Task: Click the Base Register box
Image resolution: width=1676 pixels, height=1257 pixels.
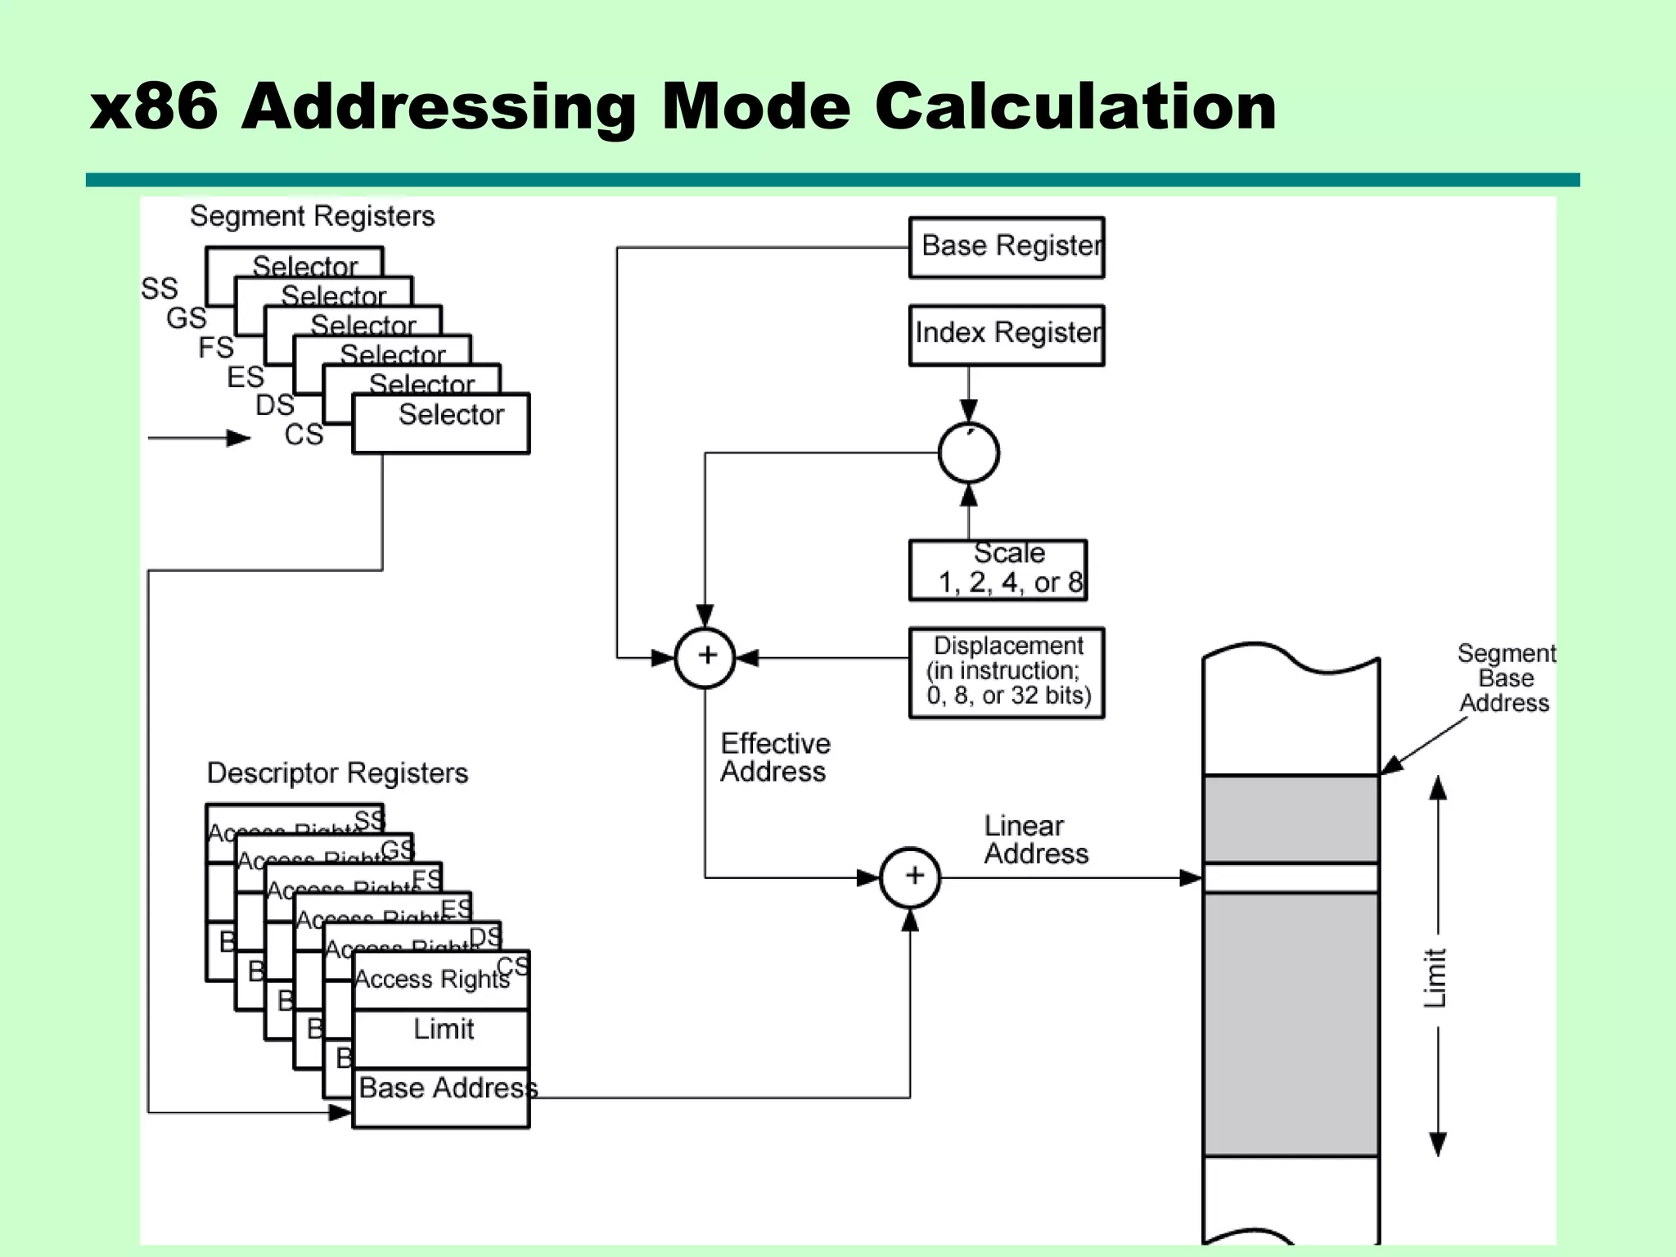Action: point(1007,247)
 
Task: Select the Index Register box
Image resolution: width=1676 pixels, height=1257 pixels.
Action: point(1007,335)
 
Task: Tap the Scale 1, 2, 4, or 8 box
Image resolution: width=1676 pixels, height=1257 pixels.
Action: point(998,570)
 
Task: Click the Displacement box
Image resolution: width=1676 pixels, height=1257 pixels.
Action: point(1007,673)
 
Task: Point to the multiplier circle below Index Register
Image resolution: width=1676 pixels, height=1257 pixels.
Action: point(968,453)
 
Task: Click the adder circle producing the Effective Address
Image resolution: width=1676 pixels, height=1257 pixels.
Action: point(705,657)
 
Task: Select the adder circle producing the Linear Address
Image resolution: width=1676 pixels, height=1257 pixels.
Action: point(910,877)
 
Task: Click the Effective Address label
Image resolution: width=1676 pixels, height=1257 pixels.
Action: point(774,757)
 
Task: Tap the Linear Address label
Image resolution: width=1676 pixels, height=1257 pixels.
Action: point(1035,840)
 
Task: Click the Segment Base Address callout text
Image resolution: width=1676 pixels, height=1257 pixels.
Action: point(1506,678)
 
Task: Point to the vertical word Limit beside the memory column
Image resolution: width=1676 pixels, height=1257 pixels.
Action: point(1435,977)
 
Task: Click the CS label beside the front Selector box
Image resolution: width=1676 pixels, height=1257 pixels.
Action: point(304,434)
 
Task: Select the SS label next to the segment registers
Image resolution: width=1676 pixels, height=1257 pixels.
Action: point(159,288)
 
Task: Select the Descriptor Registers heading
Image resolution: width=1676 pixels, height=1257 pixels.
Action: point(337,773)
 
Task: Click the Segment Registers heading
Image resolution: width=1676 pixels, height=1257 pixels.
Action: point(312,216)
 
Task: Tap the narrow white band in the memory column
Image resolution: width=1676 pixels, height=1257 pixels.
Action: point(1291,878)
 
